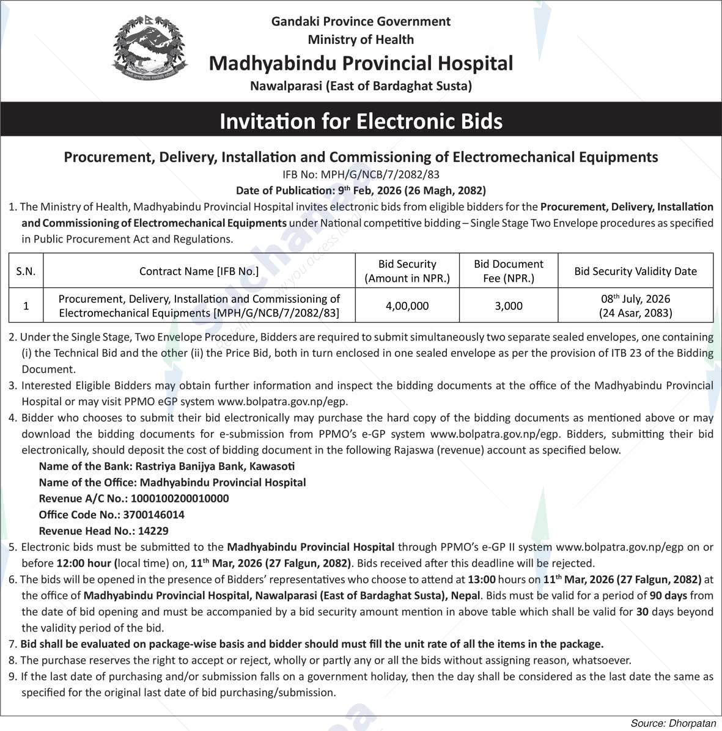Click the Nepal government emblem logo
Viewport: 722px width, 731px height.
[150, 51]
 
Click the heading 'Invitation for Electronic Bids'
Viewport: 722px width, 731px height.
[361, 121]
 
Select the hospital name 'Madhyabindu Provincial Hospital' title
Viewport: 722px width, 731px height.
[361, 63]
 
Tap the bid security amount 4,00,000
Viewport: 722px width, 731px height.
[407, 306]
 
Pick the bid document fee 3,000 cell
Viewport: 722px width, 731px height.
[508, 306]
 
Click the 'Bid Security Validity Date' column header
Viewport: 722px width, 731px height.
[635, 271]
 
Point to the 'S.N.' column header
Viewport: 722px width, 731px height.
[26, 271]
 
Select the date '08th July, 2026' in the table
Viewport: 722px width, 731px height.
[635, 299]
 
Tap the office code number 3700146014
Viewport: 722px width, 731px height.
[153, 515]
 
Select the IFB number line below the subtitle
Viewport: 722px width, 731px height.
[361, 174]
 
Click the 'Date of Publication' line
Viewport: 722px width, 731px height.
[361, 190]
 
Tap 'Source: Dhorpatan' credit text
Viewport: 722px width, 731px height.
[672, 723]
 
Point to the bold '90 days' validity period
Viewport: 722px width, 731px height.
[668, 595]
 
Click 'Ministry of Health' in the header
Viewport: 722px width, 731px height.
[361, 40]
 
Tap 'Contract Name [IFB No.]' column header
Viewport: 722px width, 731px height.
[199, 271]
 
